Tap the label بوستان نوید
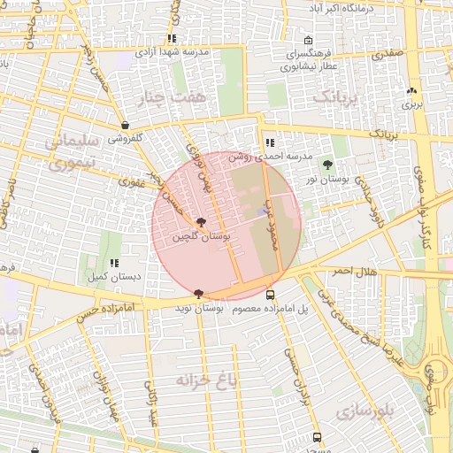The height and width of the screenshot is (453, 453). point(194,308)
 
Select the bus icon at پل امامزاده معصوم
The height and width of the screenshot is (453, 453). point(270,295)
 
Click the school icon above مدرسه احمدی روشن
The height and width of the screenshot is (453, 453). point(270,142)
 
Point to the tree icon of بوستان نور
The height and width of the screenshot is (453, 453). point(328,165)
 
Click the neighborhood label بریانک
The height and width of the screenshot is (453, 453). point(340,96)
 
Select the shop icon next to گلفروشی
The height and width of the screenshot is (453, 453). point(125,126)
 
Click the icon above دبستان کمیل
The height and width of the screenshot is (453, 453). point(114,263)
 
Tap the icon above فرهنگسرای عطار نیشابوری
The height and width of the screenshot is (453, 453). point(308,41)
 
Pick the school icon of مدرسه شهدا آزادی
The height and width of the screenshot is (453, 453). point(172,39)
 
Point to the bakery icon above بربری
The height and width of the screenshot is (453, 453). point(411,90)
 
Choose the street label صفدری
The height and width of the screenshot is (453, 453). point(387,54)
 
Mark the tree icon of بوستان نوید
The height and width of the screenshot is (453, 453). point(197,294)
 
